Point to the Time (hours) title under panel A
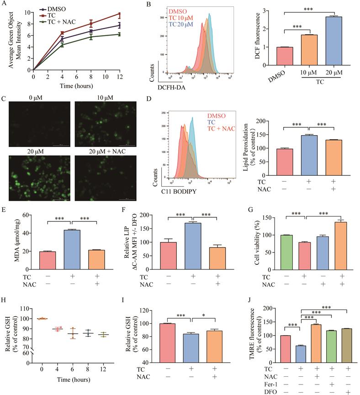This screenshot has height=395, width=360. [x=77, y=85]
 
